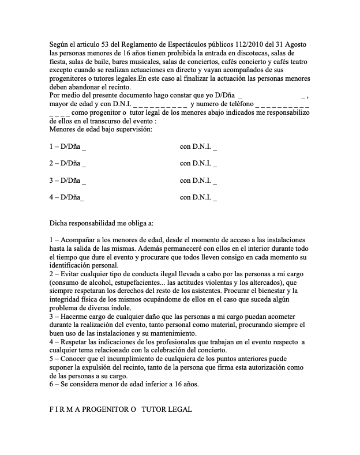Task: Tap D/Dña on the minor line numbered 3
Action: (x=71, y=181)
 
